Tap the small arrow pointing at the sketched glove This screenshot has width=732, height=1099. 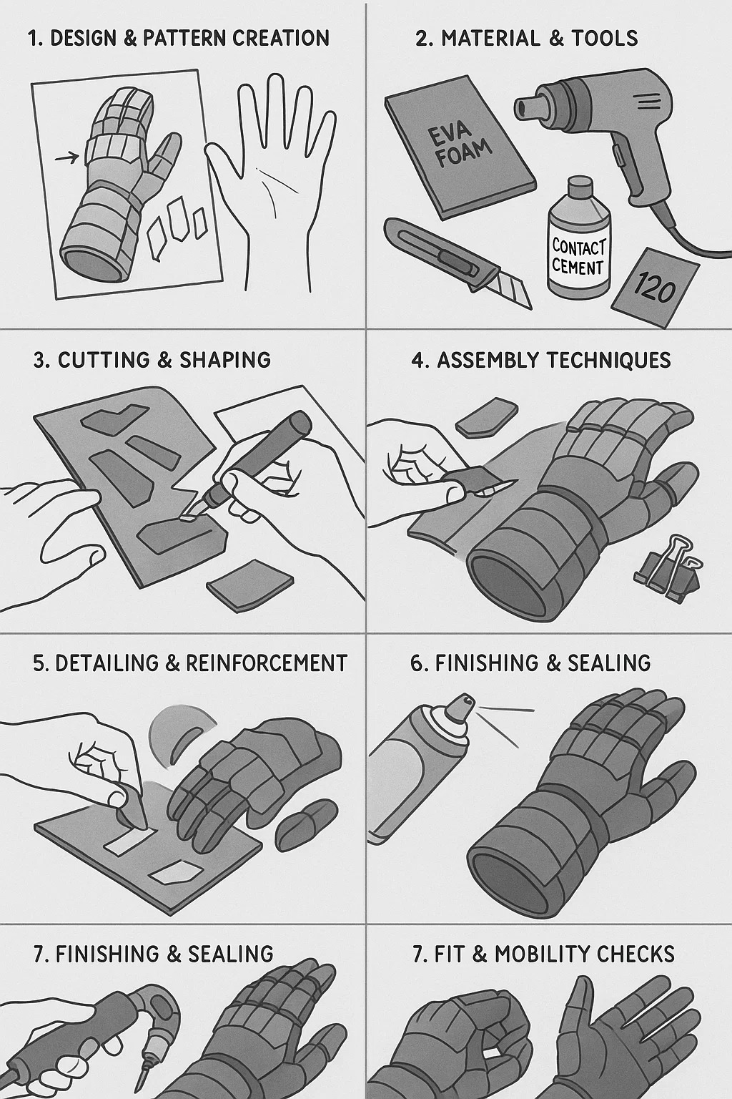pyautogui.click(x=66, y=158)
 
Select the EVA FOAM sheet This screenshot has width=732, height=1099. pyautogui.click(x=460, y=145)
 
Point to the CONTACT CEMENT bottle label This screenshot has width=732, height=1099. pyautogui.click(x=578, y=256)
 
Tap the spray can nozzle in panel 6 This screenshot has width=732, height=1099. pyautogui.click(x=459, y=706)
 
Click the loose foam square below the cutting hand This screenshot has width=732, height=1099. pyautogui.click(x=249, y=585)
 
